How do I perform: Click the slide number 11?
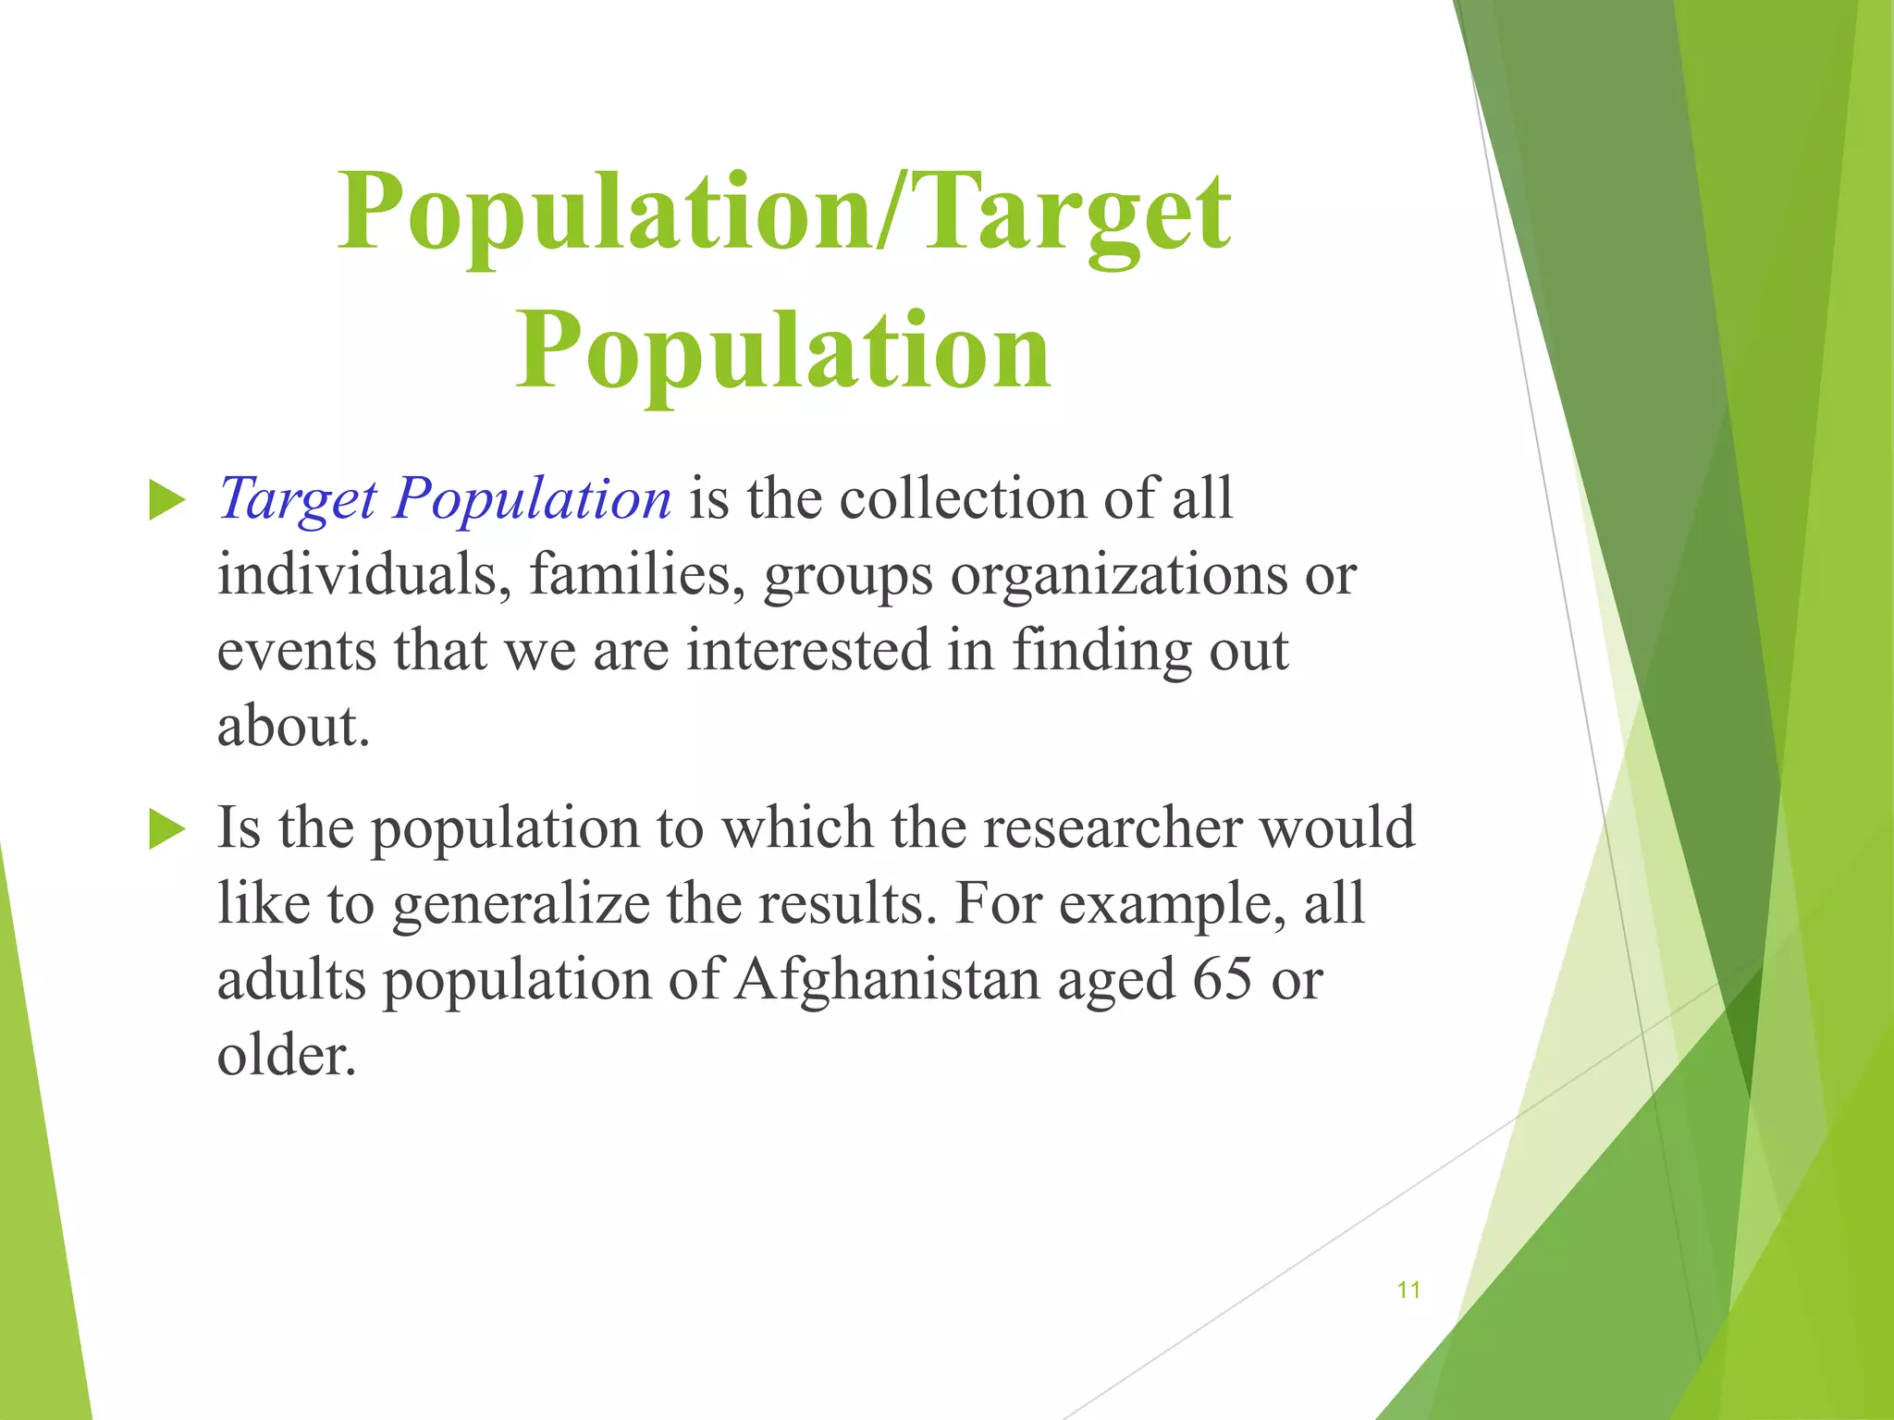tap(1408, 1290)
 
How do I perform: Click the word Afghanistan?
tap(888, 979)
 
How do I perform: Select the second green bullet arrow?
tap(167, 829)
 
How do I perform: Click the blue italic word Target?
tap(297, 500)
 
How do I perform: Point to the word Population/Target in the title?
tap(784, 213)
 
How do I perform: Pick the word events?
tap(297, 651)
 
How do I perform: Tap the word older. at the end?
tap(287, 1055)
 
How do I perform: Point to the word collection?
tap(963, 500)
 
